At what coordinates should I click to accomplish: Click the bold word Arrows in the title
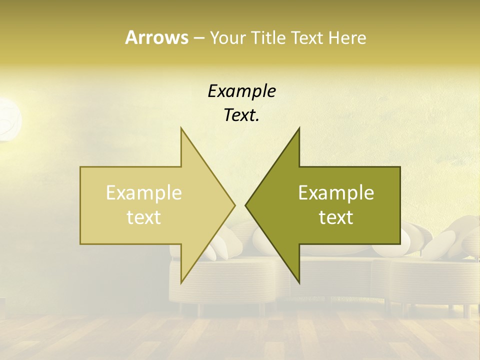click(x=156, y=37)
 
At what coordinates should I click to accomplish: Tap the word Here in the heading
click(x=347, y=37)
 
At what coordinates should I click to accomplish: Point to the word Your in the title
click(x=227, y=37)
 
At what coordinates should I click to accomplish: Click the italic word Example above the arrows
click(x=241, y=91)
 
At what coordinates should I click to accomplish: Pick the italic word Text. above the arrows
click(x=241, y=115)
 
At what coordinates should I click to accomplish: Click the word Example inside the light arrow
click(x=144, y=193)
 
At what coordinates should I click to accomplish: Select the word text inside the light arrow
click(x=144, y=217)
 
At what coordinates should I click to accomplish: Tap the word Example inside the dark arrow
click(x=336, y=193)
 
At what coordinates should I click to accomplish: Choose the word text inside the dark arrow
click(x=336, y=217)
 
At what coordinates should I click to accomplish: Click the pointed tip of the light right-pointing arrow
click(x=234, y=205)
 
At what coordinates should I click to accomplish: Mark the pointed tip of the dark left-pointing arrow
click(x=246, y=205)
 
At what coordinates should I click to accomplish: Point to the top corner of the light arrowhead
click(x=181, y=128)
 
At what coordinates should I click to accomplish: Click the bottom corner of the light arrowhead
click(x=181, y=282)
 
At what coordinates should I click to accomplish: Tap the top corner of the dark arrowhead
click(x=299, y=128)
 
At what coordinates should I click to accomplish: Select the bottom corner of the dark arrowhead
click(x=299, y=282)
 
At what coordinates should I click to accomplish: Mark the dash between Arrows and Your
click(x=198, y=38)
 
